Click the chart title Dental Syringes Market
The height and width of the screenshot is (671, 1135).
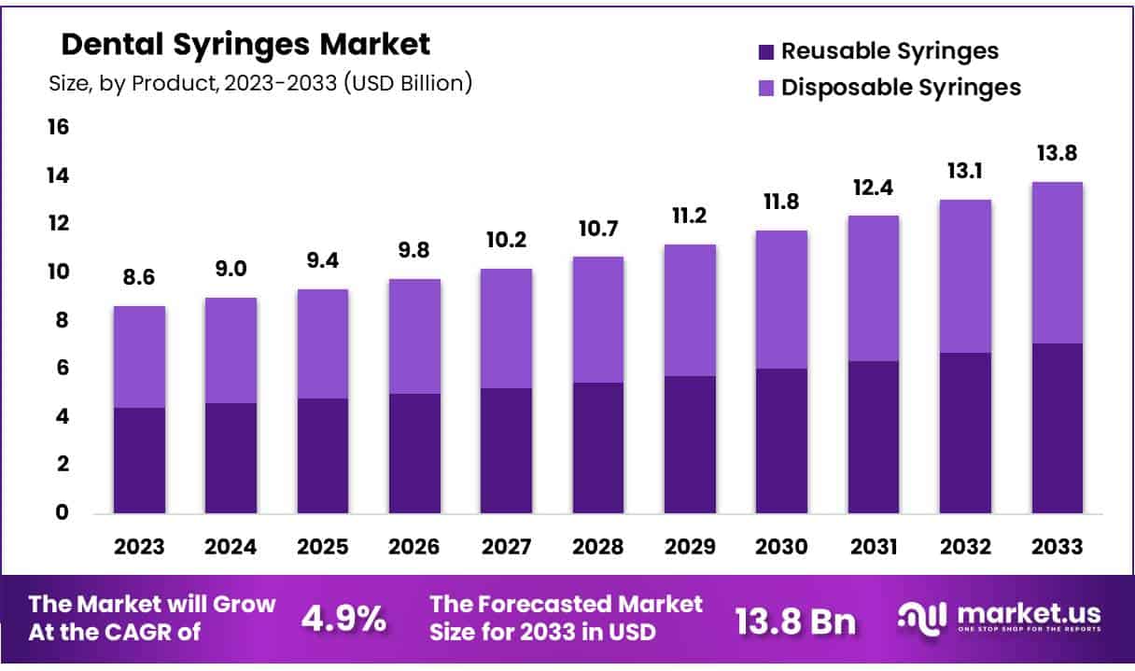245,44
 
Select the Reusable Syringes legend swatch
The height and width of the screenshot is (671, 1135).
765,51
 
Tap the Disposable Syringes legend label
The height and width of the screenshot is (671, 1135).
901,88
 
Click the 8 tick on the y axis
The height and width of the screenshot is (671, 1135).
63,320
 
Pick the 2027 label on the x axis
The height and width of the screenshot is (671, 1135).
506,547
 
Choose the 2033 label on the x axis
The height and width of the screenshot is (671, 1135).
1057,547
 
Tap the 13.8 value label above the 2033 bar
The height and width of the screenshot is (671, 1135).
1057,153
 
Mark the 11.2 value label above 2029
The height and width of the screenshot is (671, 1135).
689,217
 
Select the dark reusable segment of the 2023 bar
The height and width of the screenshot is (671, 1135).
140,460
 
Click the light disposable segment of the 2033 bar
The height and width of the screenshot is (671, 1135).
1057,262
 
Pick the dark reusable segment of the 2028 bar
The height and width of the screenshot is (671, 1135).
597,448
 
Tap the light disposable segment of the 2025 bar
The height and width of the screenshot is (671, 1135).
323,343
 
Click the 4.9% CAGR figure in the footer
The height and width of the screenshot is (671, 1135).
343,618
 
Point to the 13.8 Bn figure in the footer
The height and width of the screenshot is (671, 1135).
795,620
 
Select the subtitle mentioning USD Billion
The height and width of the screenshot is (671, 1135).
260,83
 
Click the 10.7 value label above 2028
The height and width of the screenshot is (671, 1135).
597,229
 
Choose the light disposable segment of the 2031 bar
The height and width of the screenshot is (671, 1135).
873,288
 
